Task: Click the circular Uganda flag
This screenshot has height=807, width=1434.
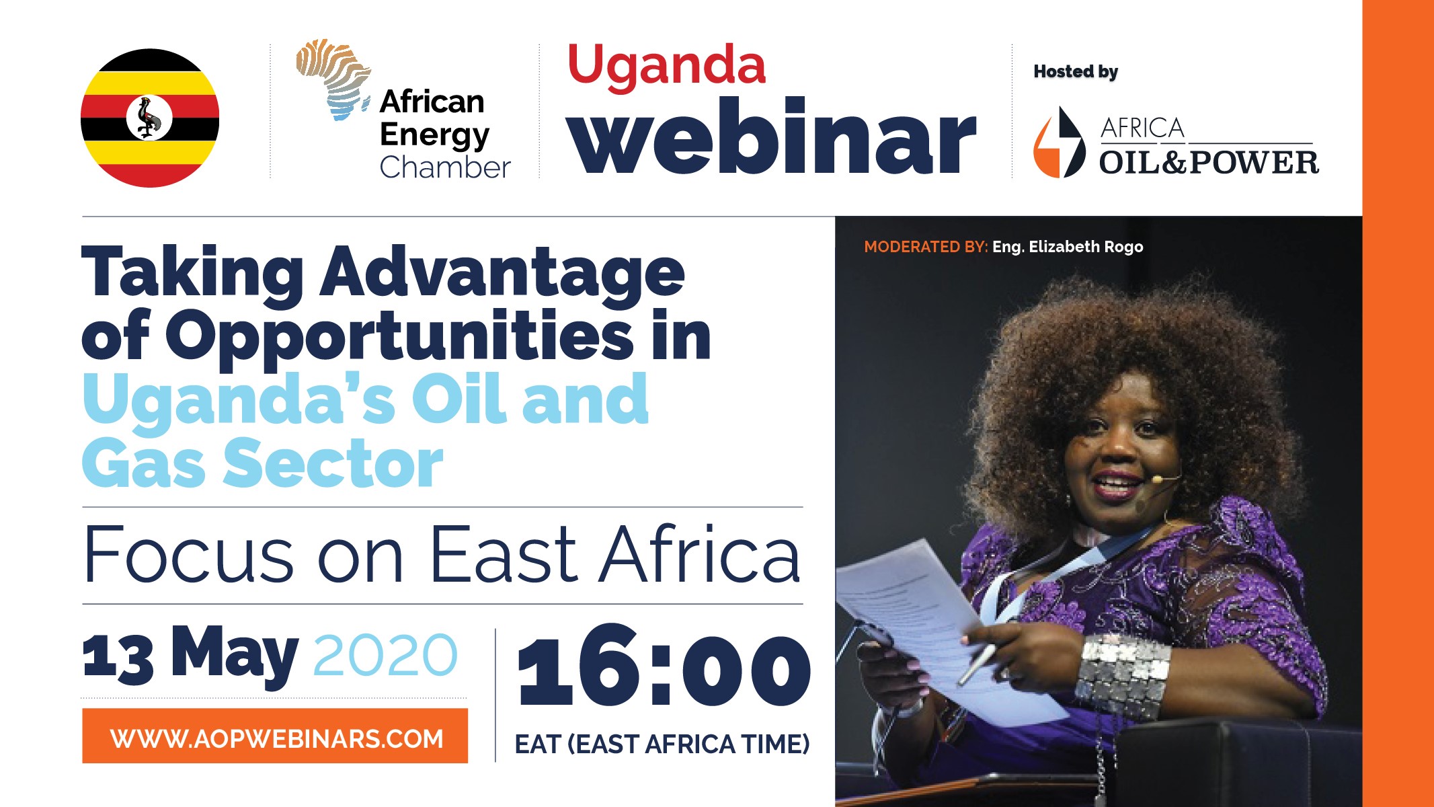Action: pos(150,118)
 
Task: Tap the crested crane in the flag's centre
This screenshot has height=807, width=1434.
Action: pos(149,118)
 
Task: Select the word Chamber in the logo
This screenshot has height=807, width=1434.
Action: pos(445,167)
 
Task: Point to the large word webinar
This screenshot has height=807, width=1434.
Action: pos(771,137)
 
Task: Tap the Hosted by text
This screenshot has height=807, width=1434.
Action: pos(1076,72)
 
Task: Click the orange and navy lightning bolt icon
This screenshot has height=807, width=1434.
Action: pos(1059,143)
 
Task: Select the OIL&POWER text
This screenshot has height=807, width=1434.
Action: pos(1209,163)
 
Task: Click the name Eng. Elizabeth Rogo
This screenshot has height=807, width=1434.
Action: pos(1068,247)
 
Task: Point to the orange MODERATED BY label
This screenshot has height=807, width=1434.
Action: pos(926,247)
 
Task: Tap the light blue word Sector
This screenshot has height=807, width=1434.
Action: pos(333,463)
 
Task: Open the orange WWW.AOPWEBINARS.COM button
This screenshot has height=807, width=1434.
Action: pos(275,736)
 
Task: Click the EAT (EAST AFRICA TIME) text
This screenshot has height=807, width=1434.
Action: pos(662,744)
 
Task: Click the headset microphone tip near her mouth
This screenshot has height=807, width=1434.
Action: pos(1156,479)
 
